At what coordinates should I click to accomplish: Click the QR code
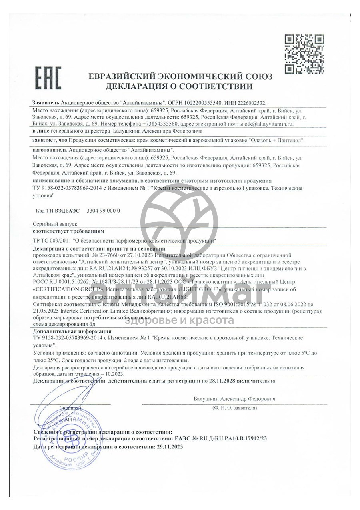pyautogui.click(x=304, y=54)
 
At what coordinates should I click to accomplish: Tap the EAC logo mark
pyautogui.click(x=48, y=78)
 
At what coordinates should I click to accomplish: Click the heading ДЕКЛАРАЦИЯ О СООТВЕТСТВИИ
pyautogui.click(x=180, y=86)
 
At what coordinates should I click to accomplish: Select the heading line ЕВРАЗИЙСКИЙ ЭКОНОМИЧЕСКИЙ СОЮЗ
pyautogui.click(x=180, y=76)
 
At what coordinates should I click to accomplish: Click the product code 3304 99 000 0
pyautogui.click(x=103, y=211)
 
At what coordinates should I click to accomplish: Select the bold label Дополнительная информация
pyautogui.click(x=72, y=331)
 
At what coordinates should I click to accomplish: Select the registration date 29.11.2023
pyautogui.click(x=170, y=446)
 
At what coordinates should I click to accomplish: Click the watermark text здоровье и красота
pyautogui.click(x=180, y=320)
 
